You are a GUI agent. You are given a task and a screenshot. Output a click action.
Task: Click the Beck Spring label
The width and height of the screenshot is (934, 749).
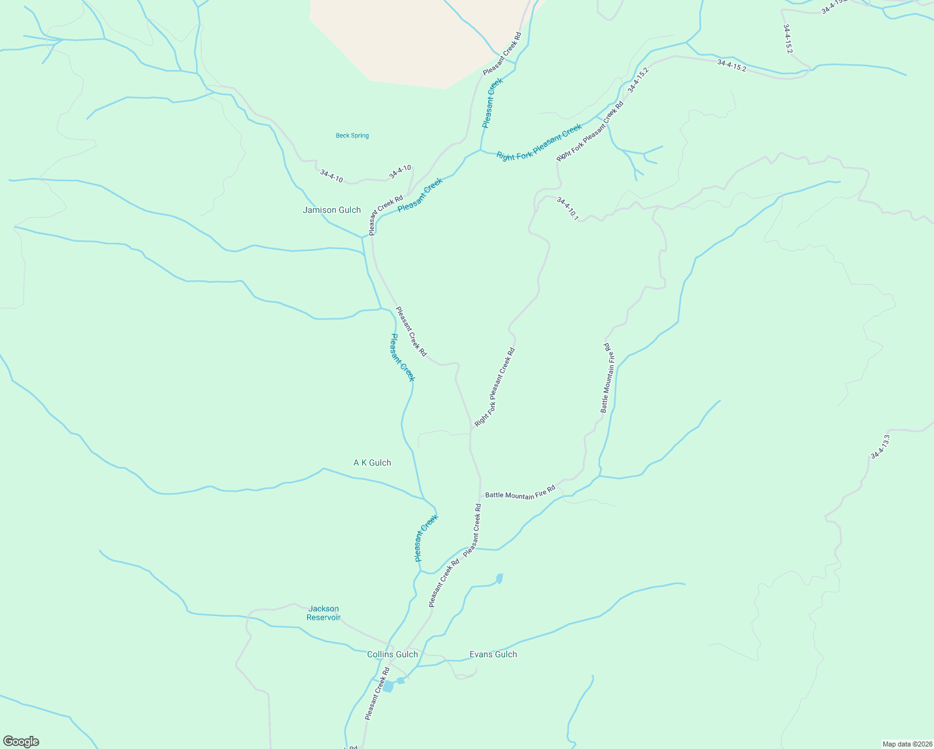coord(352,135)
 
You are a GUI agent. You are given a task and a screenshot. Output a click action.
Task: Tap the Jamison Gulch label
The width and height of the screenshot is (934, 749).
coord(332,210)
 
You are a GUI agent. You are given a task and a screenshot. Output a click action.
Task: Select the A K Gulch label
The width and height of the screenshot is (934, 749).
coord(372,463)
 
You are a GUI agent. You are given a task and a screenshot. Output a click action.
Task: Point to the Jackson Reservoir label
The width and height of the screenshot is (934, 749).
coord(323,613)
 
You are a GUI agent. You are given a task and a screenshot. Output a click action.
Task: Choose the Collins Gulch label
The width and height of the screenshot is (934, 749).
coord(392,654)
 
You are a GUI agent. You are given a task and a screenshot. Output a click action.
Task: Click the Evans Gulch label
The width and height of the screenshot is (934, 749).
coord(493,654)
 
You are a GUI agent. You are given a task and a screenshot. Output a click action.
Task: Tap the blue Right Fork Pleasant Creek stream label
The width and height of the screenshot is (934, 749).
coord(539,143)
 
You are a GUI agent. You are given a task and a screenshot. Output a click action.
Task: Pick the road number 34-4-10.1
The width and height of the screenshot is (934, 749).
coord(568,209)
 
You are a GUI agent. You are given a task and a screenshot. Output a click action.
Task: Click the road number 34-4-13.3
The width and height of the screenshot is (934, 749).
coord(880,447)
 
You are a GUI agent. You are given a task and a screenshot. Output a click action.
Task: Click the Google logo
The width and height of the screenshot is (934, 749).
coord(21,742)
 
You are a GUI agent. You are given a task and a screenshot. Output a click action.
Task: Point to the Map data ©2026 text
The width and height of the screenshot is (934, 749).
coord(907,744)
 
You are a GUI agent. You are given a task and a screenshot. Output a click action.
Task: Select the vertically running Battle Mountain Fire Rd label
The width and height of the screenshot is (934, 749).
coord(608,378)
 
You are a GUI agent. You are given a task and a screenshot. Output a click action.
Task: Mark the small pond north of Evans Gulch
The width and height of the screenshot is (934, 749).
coord(499,579)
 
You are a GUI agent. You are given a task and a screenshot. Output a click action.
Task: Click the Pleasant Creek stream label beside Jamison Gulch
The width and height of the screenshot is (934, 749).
coord(420,195)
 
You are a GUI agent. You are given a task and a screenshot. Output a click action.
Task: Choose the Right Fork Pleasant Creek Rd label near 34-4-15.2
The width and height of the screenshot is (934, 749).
coord(590,132)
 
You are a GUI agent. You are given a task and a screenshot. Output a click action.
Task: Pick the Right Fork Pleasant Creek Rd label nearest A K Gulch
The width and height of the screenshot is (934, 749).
coord(494,387)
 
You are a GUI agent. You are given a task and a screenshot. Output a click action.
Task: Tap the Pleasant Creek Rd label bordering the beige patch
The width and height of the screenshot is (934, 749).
coord(501,54)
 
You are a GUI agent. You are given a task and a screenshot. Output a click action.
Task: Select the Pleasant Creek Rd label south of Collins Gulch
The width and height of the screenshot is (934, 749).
coord(377,693)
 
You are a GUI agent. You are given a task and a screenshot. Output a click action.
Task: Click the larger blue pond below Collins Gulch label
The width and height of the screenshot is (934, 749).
coord(388,687)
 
